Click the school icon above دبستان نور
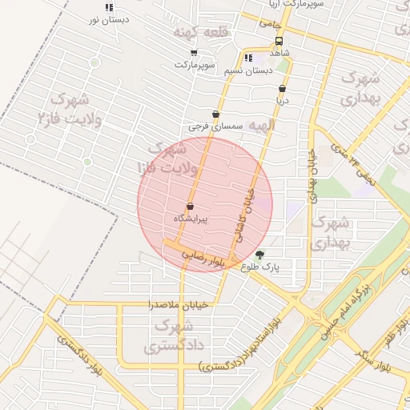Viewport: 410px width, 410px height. tap(108, 7)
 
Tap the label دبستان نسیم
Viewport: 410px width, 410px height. tap(244, 70)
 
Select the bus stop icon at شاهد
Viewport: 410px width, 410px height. tap(279, 41)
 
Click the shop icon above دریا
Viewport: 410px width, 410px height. tap(282, 89)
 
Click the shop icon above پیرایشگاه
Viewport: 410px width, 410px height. tap(190, 207)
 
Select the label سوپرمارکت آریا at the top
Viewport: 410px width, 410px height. tap(296, 4)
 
